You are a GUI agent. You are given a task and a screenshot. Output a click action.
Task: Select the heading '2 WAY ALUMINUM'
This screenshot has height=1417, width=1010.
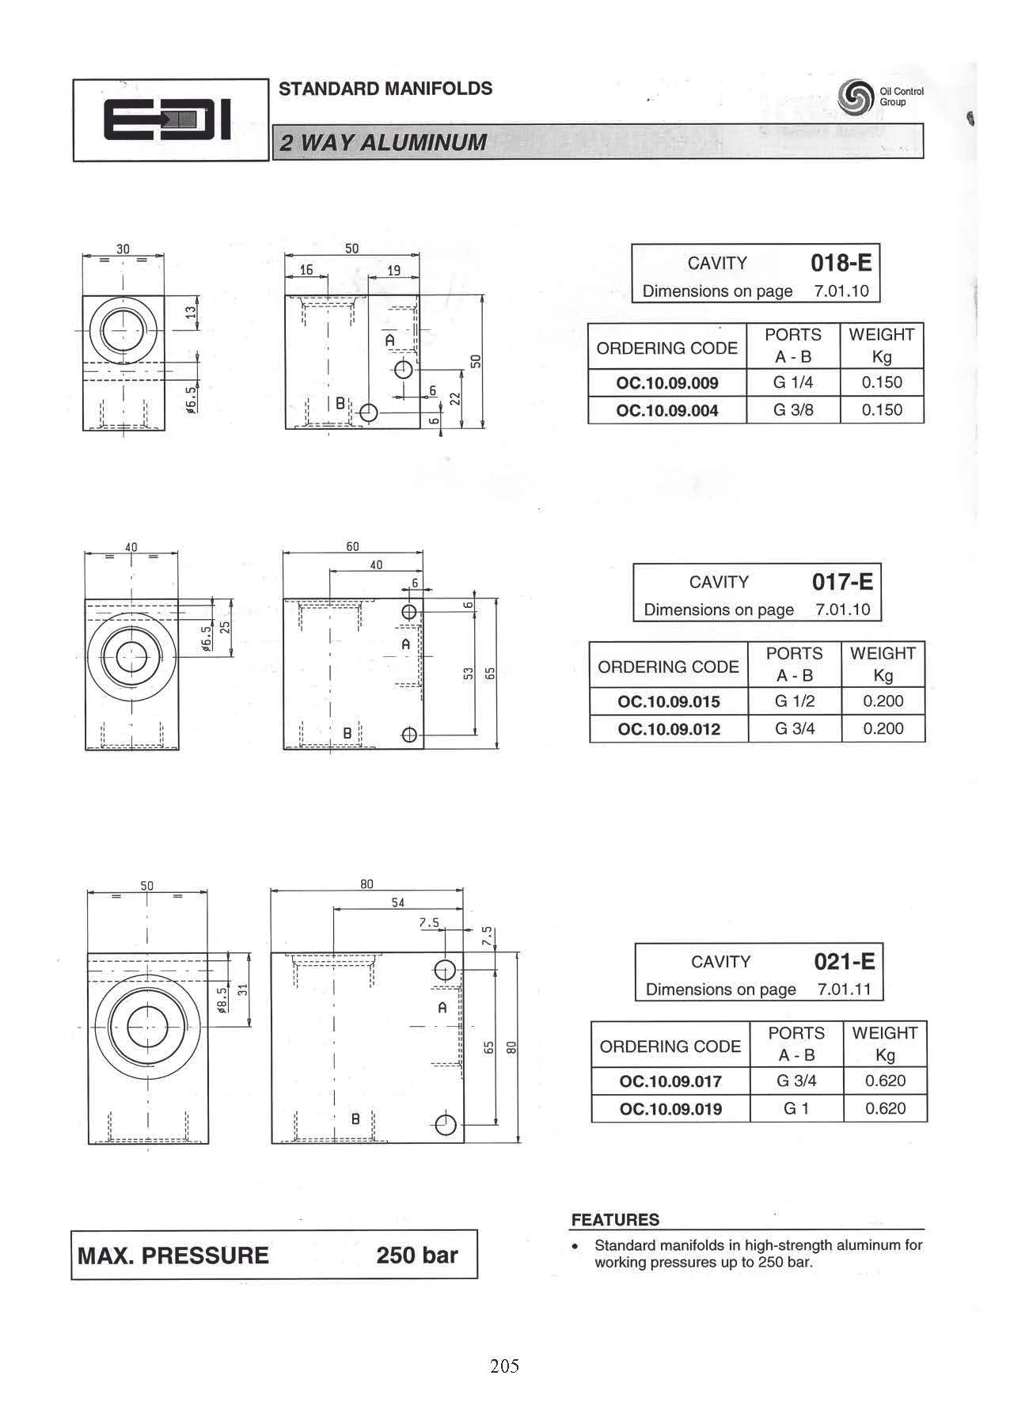click(x=384, y=142)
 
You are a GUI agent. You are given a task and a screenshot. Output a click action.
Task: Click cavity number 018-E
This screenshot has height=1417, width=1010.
click(x=841, y=263)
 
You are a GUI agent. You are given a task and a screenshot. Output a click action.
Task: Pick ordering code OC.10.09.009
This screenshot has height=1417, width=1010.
click(x=667, y=383)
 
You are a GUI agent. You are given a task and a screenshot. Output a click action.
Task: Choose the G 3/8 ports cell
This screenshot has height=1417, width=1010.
click(x=793, y=410)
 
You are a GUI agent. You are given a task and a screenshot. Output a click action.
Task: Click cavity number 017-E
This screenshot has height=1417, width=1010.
click(x=842, y=582)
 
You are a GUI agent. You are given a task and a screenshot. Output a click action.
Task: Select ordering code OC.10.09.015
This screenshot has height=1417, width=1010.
click(x=669, y=702)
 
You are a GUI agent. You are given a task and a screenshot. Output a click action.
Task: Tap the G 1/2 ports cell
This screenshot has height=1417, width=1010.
click(x=795, y=701)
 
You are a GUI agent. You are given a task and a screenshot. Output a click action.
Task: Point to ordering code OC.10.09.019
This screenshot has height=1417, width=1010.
click(x=670, y=1109)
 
